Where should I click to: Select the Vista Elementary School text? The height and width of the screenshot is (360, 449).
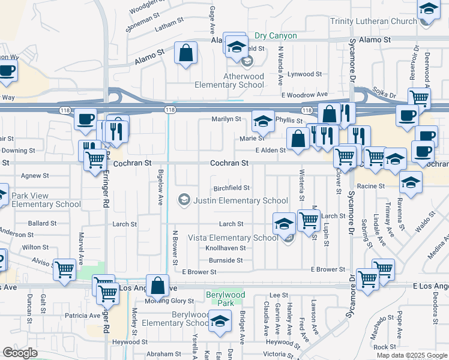[234, 238]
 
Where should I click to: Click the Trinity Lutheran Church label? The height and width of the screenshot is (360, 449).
[373, 22]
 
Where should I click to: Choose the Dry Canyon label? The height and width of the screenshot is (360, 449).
[276, 36]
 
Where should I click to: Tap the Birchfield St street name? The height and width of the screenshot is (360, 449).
[232, 188]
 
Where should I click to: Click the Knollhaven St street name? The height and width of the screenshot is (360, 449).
[226, 248]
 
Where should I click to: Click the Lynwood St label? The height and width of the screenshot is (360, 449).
[305, 74]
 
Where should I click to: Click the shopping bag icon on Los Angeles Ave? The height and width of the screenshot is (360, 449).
[157, 287]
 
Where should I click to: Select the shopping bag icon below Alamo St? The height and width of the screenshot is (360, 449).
[186, 52]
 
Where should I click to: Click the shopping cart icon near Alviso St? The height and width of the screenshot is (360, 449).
[64, 269]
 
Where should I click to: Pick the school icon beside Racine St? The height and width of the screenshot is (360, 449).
[411, 182]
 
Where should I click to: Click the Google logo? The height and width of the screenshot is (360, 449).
[20, 353]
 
